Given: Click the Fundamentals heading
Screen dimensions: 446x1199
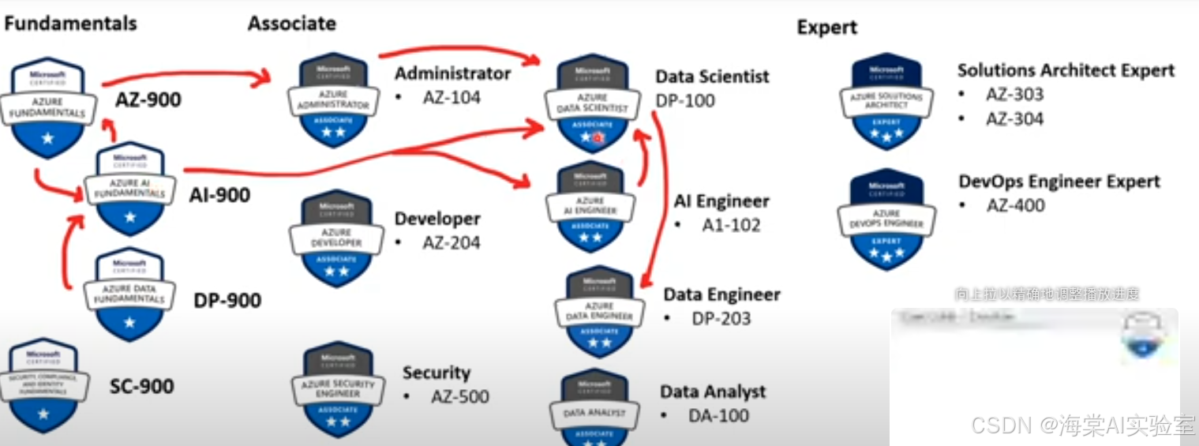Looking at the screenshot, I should (x=70, y=24).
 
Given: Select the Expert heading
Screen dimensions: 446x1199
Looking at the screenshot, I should (x=826, y=28).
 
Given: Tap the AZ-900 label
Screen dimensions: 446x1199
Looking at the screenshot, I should (x=148, y=100).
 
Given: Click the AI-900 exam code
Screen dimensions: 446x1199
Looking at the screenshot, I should (x=219, y=195).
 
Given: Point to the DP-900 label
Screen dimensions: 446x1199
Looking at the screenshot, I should (x=227, y=301).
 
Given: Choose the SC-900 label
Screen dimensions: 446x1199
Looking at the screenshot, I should (x=142, y=386).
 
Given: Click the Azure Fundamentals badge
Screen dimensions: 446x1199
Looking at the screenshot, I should (x=48, y=107).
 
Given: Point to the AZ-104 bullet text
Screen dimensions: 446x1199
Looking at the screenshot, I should (x=451, y=98).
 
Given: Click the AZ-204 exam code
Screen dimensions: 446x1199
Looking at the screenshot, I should (x=451, y=242).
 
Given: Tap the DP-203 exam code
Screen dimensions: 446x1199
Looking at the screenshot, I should (x=721, y=319).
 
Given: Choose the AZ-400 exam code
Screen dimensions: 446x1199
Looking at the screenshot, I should (x=1014, y=206).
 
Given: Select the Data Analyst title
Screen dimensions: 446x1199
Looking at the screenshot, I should (x=713, y=392).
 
